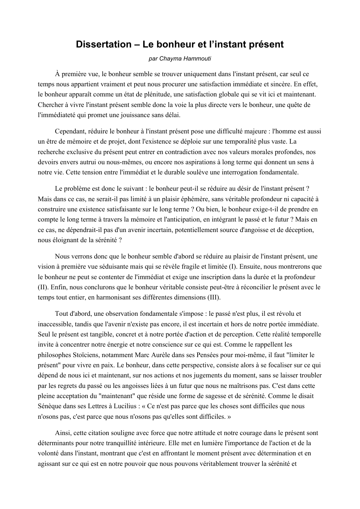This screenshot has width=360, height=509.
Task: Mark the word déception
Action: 300,230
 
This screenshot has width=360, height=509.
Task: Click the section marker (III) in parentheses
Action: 214,298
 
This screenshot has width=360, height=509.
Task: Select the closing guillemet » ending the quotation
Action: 229,417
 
